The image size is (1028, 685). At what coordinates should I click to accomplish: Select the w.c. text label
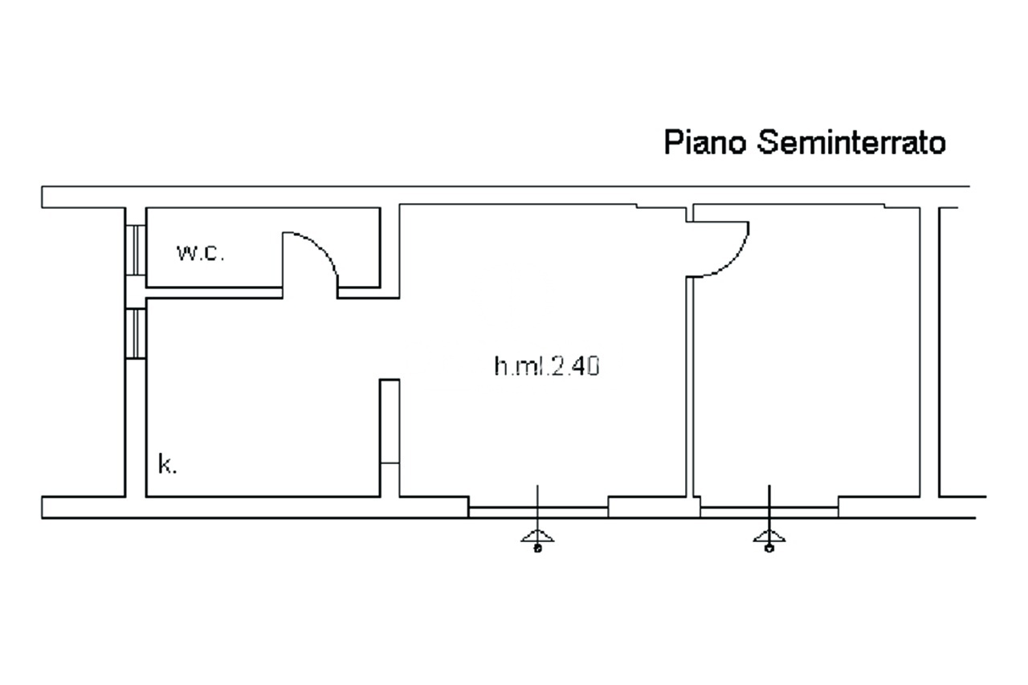pos(201,253)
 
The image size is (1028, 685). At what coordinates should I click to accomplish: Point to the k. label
pos(167,464)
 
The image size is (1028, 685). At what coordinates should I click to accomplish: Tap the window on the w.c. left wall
pos(136,250)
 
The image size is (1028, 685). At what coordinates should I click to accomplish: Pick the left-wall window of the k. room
pos(136,333)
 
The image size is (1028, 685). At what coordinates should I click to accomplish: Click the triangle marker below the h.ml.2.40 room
pos(537,536)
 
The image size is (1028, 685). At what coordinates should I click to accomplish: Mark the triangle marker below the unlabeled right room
pos(769,536)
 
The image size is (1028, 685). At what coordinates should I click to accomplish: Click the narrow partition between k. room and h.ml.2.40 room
pos(390,422)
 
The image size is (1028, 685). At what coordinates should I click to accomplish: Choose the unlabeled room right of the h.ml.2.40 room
pos(811,353)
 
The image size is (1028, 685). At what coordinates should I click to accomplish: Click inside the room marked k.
pos(257,393)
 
